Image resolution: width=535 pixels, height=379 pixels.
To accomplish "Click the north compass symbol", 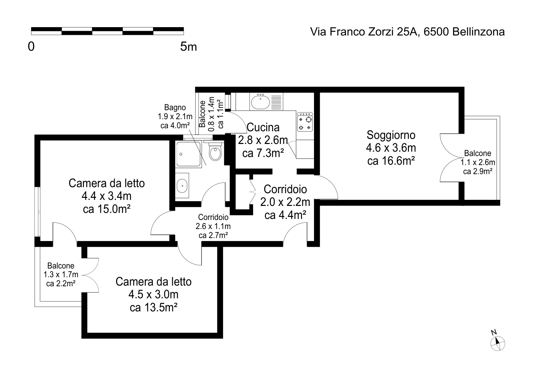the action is click(498, 344).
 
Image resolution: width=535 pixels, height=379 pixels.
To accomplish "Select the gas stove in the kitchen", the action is click(305, 122).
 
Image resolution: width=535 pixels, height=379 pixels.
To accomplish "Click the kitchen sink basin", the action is click(260, 102).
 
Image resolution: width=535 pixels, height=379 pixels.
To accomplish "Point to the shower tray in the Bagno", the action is click(188, 154).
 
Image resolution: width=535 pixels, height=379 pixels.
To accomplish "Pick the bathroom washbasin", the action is click(182, 185).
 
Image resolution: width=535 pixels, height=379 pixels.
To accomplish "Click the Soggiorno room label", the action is click(391, 135).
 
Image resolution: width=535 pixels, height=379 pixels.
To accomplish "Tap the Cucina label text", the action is click(263, 128).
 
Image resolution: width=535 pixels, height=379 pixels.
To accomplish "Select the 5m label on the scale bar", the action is click(189, 47).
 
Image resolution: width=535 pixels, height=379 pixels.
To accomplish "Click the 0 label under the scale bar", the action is click(31, 47).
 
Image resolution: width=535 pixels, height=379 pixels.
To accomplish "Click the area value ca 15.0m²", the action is click(107, 209).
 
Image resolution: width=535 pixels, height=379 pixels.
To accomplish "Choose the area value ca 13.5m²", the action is click(153, 307).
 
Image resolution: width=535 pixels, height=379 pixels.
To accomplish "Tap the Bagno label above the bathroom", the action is click(175, 108).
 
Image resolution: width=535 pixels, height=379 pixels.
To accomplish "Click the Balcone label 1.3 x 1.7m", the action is click(61, 275).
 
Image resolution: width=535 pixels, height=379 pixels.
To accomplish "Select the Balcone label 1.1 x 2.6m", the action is click(478, 162).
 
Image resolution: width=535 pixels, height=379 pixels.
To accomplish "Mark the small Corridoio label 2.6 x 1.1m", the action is click(213, 226).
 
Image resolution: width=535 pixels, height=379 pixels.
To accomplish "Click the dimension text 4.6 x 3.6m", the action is click(391, 148).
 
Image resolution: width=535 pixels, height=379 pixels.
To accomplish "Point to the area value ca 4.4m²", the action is click(286, 215).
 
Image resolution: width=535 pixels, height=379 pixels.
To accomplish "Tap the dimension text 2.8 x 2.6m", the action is click(263, 140).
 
